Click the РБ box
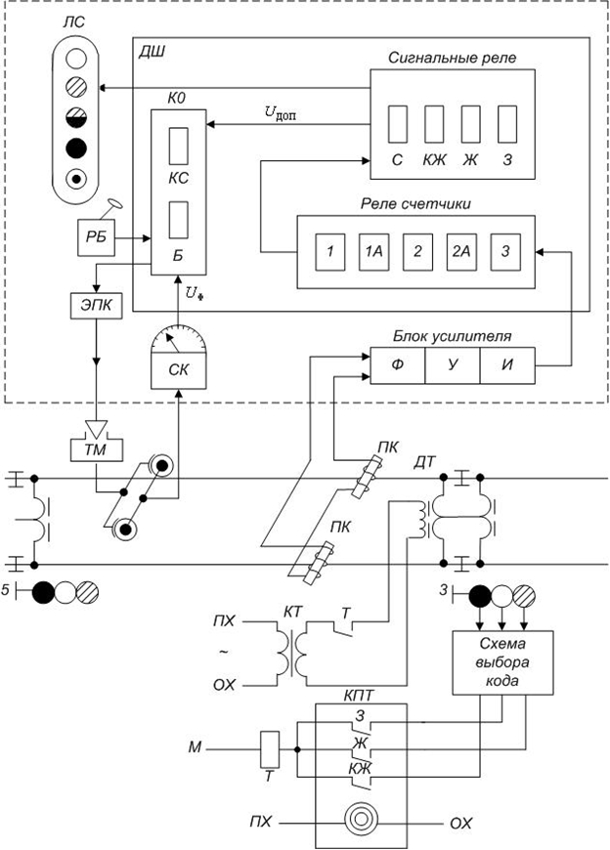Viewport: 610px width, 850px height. coord(97,237)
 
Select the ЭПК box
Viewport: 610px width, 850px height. coord(97,305)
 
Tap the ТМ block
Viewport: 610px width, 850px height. coord(97,449)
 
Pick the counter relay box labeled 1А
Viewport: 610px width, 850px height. coord(373,251)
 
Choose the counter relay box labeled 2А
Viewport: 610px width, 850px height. coord(460,251)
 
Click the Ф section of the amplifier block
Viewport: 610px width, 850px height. coord(398,365)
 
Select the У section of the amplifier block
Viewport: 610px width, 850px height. coord(453,365)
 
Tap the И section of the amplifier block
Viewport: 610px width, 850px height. coord(507,365)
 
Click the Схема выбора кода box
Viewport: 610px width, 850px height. coord(502,662)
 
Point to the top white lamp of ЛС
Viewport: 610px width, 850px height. coord(76,59)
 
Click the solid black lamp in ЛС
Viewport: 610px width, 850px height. coord(76,148)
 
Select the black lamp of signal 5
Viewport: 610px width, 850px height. coord(43,592)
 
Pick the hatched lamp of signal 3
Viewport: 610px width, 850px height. coord(524,597)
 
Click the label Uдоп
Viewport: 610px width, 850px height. coord(281,113)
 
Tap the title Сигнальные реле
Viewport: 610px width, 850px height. coord(453,58)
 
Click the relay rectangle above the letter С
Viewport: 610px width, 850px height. coord(398,124)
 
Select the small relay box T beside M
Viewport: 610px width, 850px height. coord(270,749)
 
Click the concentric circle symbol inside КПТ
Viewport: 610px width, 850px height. coord(360,824)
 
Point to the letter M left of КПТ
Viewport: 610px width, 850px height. coord(195,748)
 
